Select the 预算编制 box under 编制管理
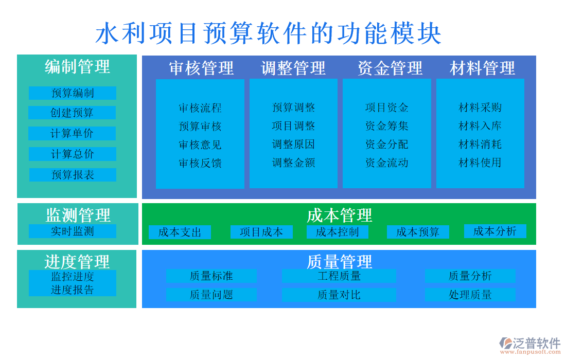(73, 93)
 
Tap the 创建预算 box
(72, 113)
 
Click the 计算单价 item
(72, 134)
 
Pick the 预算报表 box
(73, 175)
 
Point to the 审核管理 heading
(201, 68)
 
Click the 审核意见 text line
(200, 145)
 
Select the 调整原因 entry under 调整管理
(293, 145)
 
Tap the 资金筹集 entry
(386, 126)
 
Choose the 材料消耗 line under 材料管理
(480, 145)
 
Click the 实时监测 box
(73, 231)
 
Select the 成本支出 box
(180, 232)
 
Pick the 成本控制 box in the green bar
(337, 232)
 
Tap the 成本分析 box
(495, 231)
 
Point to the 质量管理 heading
(339, 261)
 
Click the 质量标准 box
(211, 276)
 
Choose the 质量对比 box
(339, 295)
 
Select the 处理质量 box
(470, 295)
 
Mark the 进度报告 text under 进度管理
(73, 290)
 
